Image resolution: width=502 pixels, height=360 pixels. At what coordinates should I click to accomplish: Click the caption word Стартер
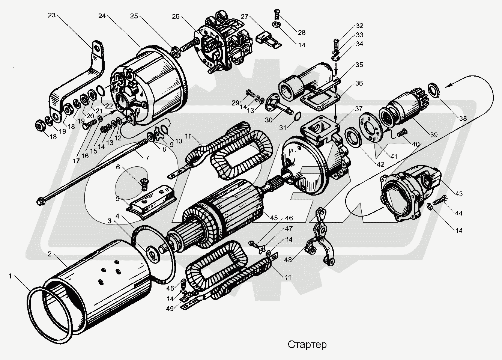click(x=307, y=345)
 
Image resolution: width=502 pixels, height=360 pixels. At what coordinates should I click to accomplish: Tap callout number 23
click(x=52, y=15)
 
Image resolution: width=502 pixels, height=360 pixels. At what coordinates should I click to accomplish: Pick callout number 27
click(x=245, y=17)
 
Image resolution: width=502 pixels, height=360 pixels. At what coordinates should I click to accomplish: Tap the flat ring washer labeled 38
click(x=434, y=88)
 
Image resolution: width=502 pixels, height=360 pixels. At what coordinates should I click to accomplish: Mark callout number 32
click(x=360, y=26)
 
